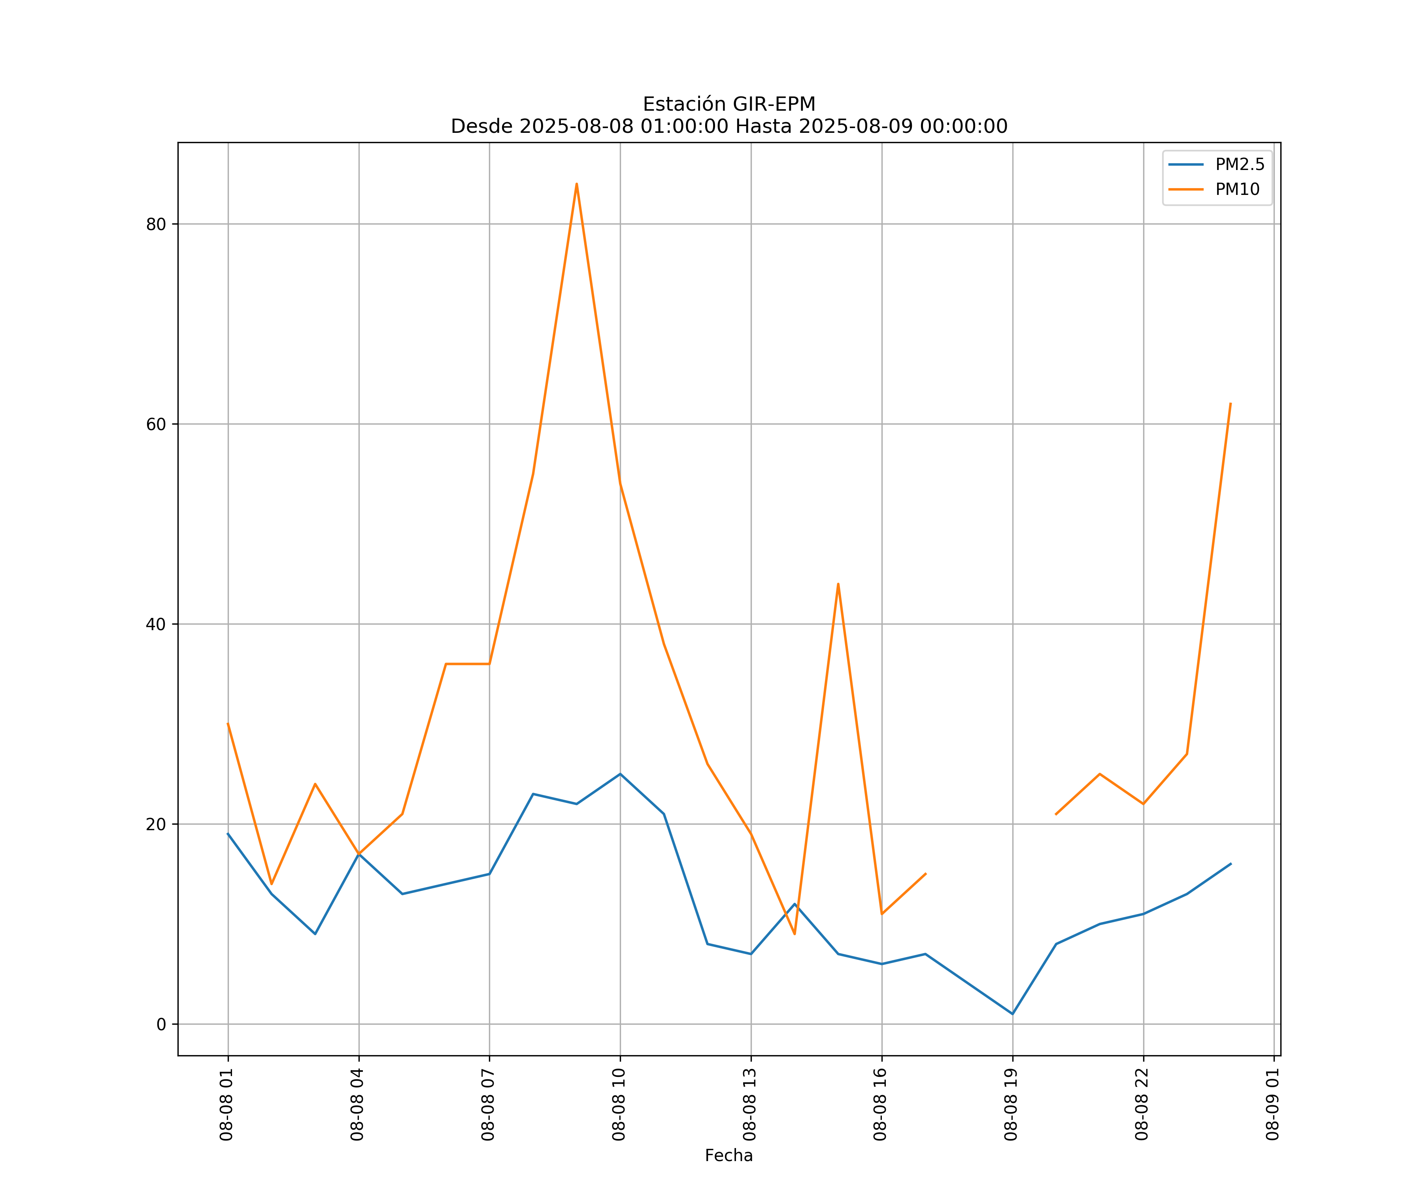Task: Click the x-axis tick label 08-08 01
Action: click(226, 1104)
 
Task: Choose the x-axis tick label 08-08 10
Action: click(619, 1104)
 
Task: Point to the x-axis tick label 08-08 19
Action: click(1011, 1104)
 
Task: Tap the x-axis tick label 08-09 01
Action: click(1272, 1104)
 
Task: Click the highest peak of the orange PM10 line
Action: click(577, 184)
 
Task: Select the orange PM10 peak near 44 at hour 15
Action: click(838, 584)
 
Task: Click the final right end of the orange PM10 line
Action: click(1230, 403)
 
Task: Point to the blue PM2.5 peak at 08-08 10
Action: click(620, 774)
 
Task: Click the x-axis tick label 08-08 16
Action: click(880, 1104)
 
